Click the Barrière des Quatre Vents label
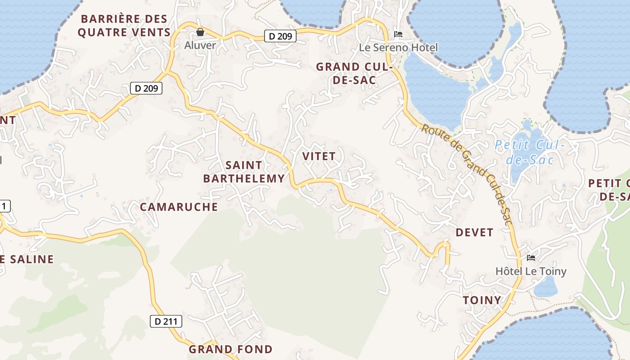(124, 26)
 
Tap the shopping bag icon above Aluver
(200, 32)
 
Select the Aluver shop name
(200, 45)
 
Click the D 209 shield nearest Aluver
(280, 36)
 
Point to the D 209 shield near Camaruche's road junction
(146, 88)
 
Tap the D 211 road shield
(166, 321)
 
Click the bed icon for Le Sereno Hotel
(398, 34)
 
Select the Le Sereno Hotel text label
(398, 47)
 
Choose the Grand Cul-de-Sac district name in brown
(355, 73)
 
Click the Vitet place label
(319, 156)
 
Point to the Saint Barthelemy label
(244, 172)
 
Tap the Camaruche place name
(179, 207)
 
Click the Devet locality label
(474, 232)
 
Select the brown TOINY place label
(482, 300)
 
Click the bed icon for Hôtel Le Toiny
(531, 258)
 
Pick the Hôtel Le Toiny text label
(531, 271)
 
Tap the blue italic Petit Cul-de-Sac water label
(529, 152)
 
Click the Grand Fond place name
(230, 349)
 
